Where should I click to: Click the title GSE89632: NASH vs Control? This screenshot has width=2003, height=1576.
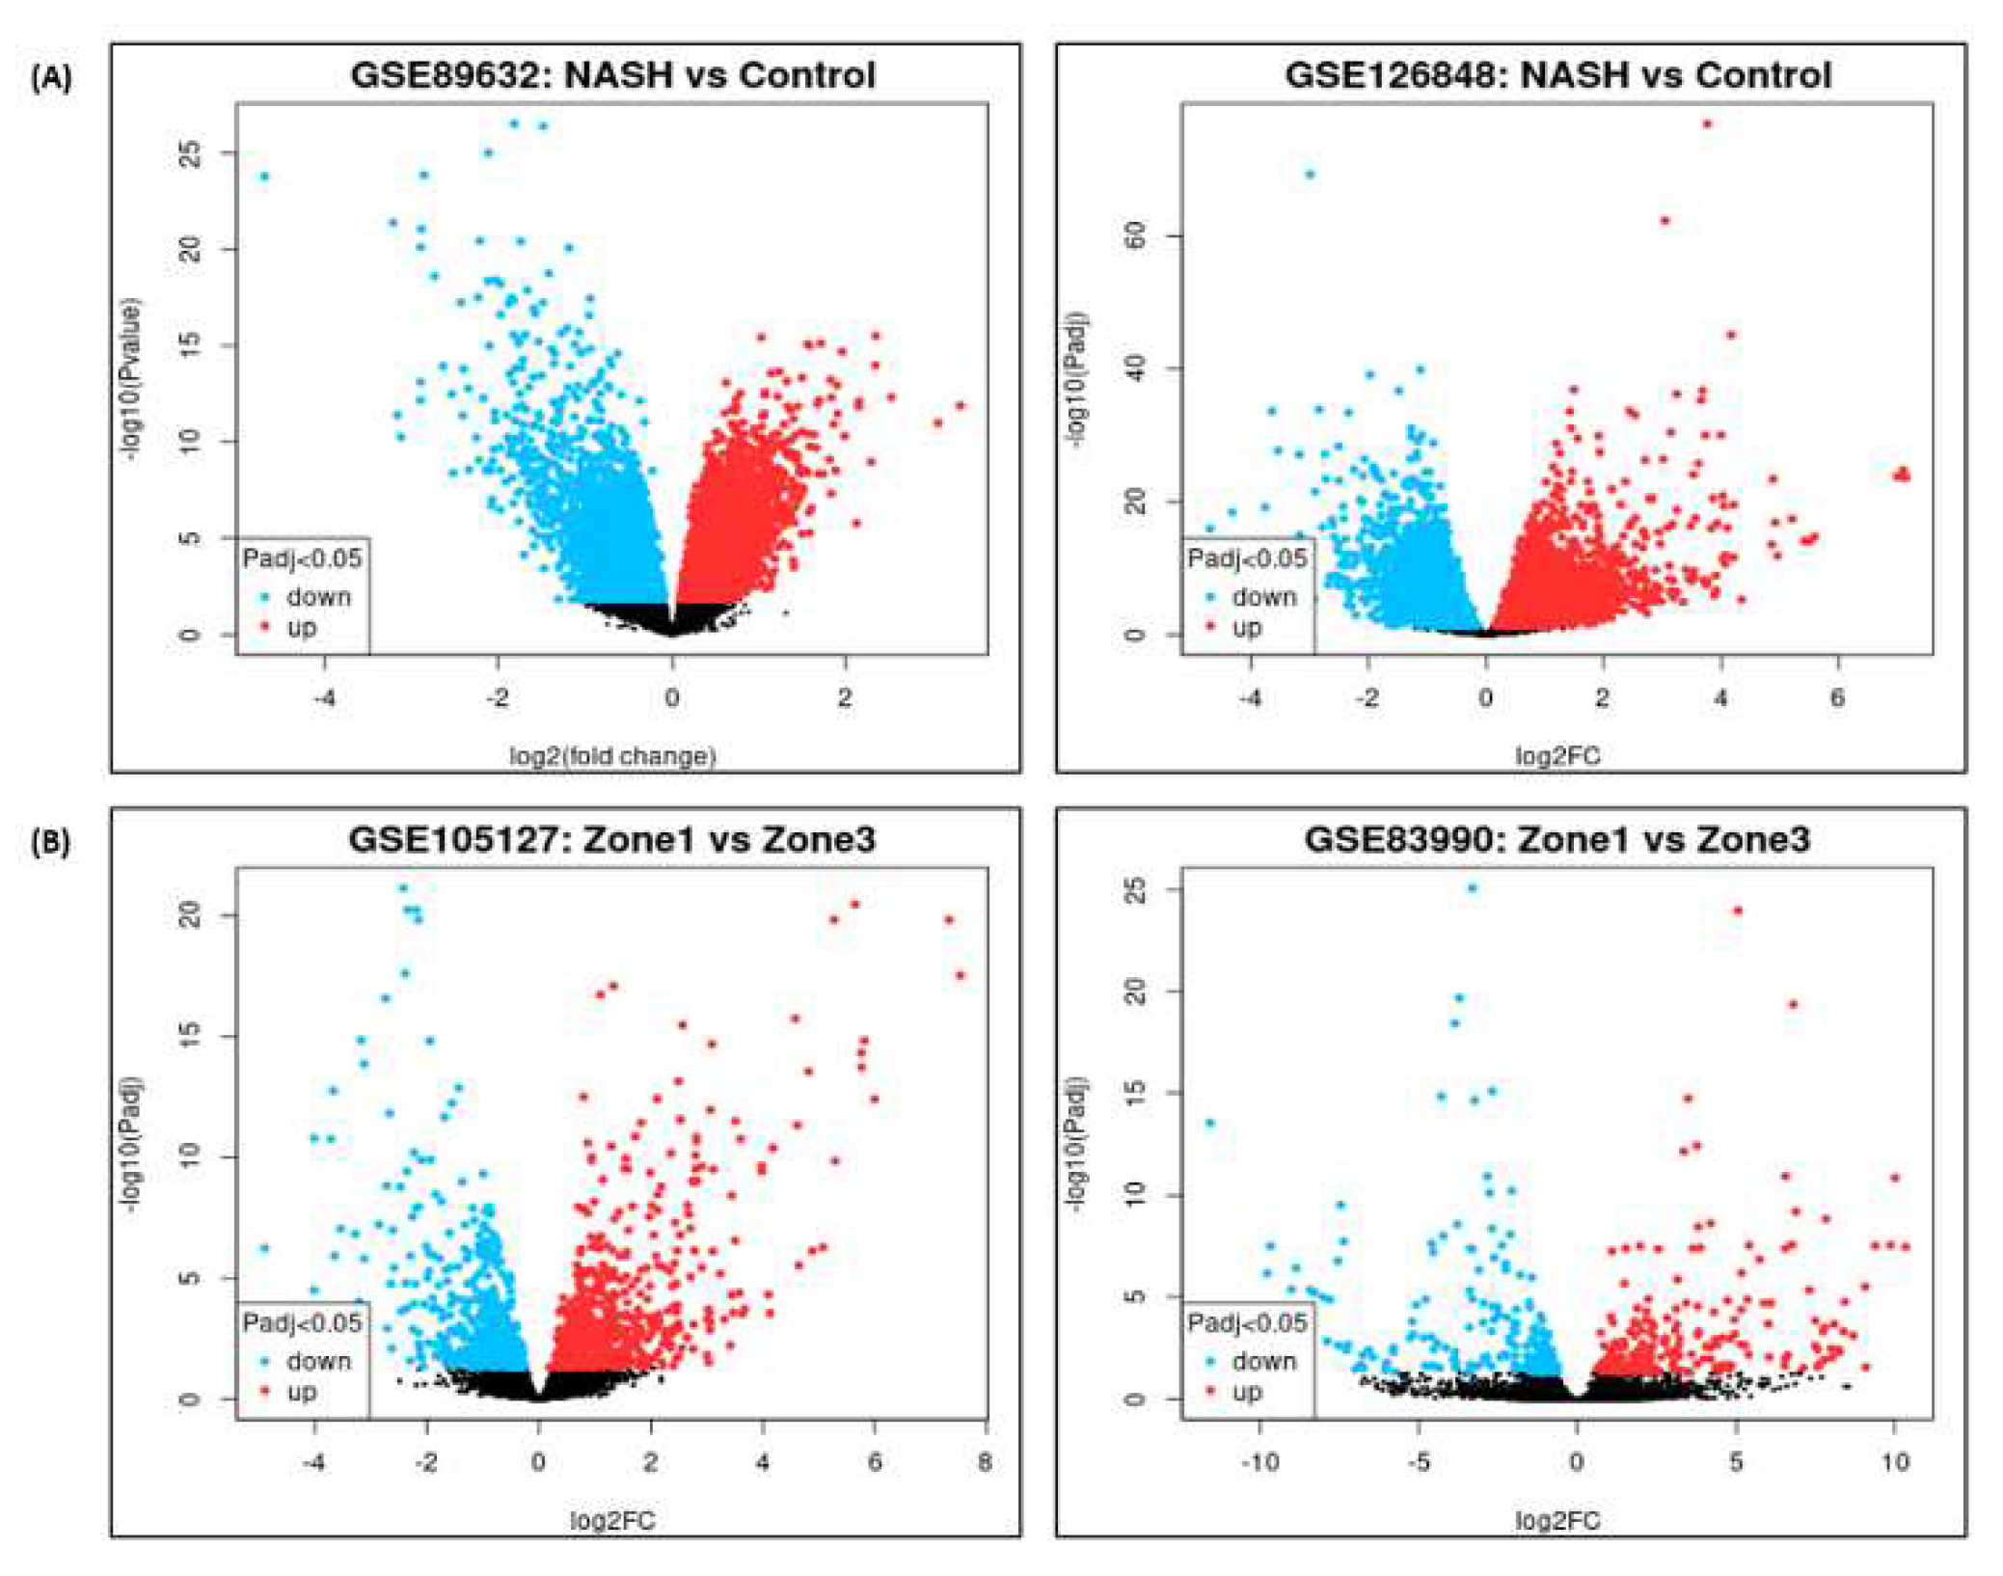pyautogui.click(x=612, y=74)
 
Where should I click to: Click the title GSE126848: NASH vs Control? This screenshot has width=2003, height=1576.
pyautogui.click(x=1556, y=74)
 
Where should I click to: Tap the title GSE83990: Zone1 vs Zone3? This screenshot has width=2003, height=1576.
pyautogui.click(x=1556, y=839)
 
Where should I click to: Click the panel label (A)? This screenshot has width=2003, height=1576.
pyautogui.click(x=51, y=78)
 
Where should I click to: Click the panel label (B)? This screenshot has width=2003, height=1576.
pyautogui.click(x=51, y=843)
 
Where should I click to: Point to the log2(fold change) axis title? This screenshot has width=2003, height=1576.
pyautogui.click(x=612, y=755)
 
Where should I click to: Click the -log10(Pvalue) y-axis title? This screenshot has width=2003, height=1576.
pyautogui.click(x=131, y=379)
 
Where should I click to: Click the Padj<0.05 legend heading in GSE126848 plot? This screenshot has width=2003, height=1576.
pyautogui.click(x=1247, y=558)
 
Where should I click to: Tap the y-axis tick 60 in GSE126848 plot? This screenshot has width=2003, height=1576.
pyautogui.click(x=1136, y=234)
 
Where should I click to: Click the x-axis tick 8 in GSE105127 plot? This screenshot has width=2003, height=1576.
pyautogui.click(x=985, y=1461)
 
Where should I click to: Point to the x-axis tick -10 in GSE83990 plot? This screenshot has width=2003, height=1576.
pyautogui.click(x=1259, y=1461)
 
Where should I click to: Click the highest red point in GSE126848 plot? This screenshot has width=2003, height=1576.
pyautogui.click(x=1707, y=123)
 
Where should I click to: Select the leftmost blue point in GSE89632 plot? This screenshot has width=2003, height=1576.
pyautogui.click(x=264, y=177)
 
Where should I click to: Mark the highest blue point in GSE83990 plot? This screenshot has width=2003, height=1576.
pyautogui.click(x=1472, y=888)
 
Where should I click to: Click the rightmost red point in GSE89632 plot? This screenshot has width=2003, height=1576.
pyautogui.click(x=961, y=406)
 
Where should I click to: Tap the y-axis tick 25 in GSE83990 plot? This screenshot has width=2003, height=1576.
pyautogui.click(x=1136, y=888)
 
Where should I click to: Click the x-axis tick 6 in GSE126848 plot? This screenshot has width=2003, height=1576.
pyautogui.click(x=1837, y=696)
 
